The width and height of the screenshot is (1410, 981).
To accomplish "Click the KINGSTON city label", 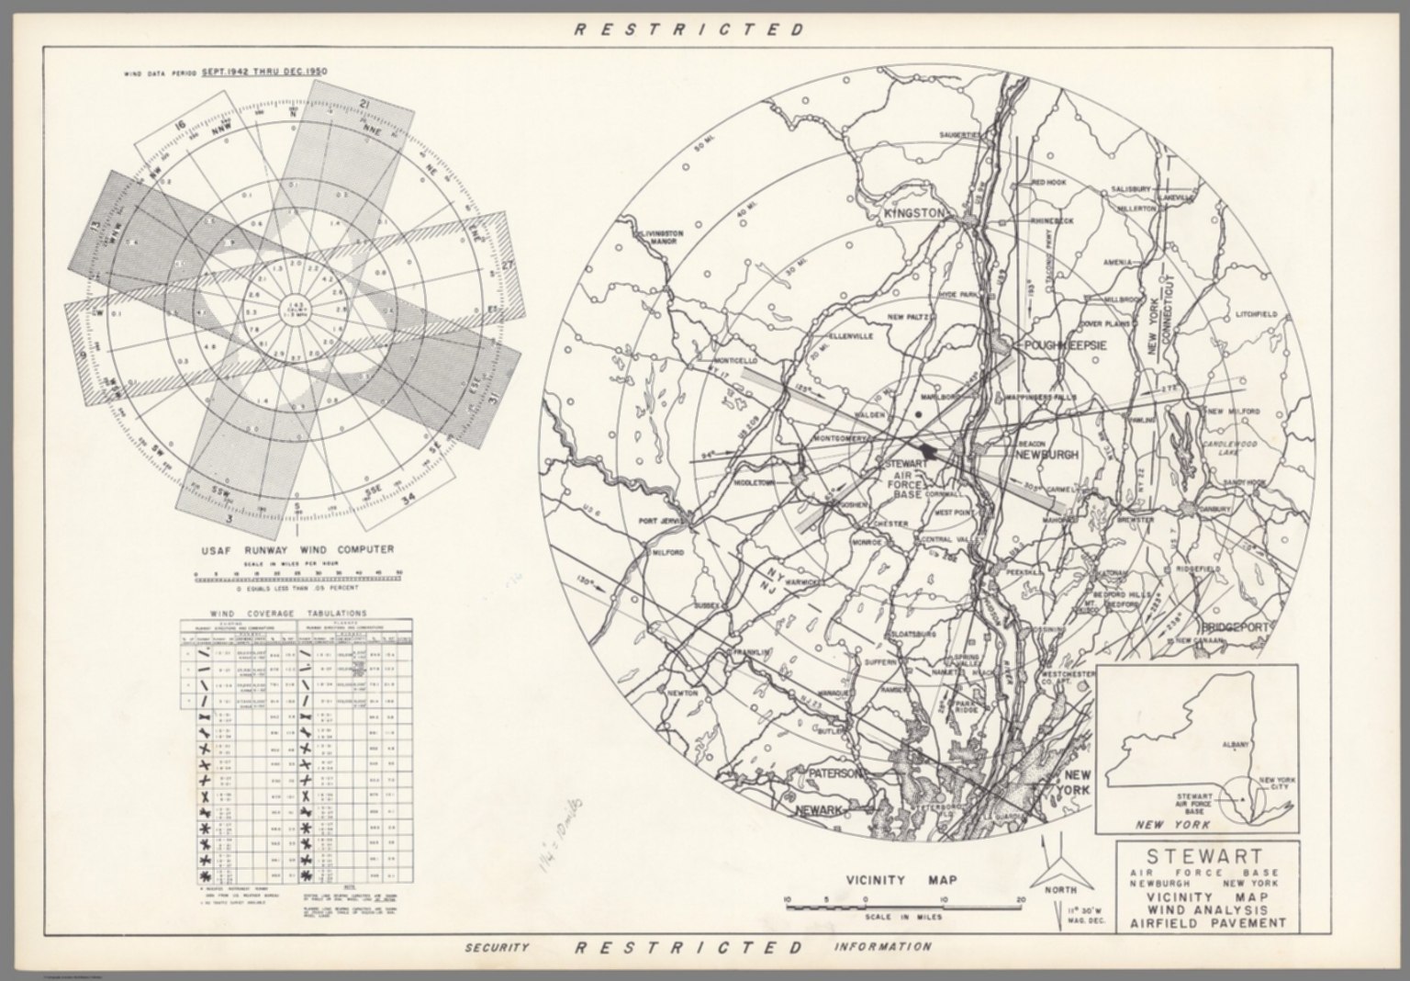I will click(x=913, y=213).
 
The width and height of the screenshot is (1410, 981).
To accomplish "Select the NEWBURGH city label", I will click(x=1047, y=455).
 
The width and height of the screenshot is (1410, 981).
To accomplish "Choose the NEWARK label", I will click(x=819, y=810).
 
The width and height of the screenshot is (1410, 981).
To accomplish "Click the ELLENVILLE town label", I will click(x=851, y=336).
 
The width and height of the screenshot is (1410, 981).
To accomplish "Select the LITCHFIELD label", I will click(x=1257, y=314).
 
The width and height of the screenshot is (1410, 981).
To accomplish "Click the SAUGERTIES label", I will click(x=960, y=135).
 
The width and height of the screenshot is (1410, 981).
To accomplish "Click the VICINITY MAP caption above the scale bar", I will click(x=901, y=880).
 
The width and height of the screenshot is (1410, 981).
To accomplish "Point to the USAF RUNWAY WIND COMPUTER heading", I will click(x=297, y=549).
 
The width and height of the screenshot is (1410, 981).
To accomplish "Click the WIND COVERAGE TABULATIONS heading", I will click(x=288, y=613).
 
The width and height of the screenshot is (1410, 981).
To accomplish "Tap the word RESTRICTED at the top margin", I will click(x=689, y=29).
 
